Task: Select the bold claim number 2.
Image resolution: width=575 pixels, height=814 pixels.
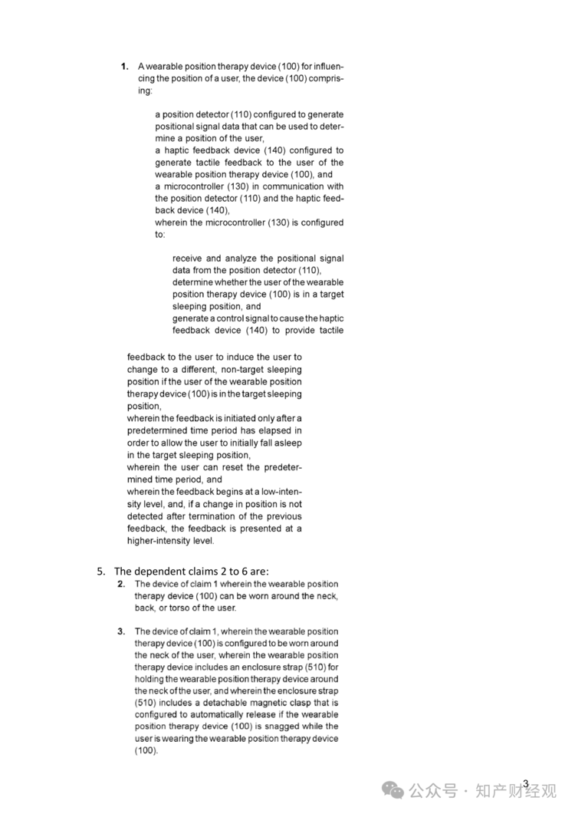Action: point(121,584)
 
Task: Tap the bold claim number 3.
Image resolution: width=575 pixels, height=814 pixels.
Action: point(121,631)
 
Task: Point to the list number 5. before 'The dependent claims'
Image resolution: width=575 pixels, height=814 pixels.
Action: point(101,571)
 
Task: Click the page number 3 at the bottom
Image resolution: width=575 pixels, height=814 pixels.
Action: point(526,783)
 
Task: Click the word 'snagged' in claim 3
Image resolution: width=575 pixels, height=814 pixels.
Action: point(273,727)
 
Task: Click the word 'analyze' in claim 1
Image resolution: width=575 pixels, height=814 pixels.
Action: point(242,259)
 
